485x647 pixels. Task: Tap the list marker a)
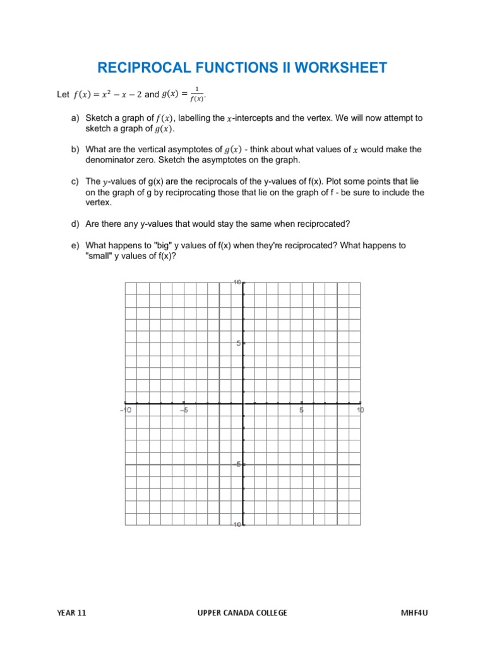pos(76,118)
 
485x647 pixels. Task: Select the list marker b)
pos(76,150)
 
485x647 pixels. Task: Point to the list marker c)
pos(76,181)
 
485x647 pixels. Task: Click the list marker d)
pos(76,224)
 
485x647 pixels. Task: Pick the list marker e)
pos(76,245)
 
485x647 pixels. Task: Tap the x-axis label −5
pos(184,410)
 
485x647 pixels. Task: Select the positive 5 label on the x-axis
pos(302,410)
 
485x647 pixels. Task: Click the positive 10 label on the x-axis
pos(360,410)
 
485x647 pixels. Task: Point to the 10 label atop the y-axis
pos(237,282)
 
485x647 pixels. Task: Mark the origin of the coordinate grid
pos(243,403)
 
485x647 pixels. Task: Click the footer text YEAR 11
pos(71,613)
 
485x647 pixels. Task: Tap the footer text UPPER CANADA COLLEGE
pos(242,613)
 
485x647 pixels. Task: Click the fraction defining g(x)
pos(199,94)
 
